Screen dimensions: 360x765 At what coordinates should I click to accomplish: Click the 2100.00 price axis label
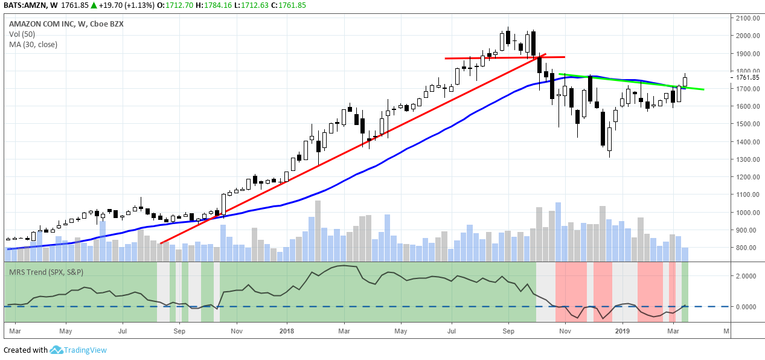pyautogui.click(x=744, y=18)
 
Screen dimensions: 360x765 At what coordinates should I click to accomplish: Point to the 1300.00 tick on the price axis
pyautogui.click(x=744, y=159)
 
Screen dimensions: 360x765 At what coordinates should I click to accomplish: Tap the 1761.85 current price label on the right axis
pyautogui.click(x=744, y=77)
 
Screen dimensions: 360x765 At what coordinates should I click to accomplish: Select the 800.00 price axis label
pyautogui.click(x=744, y=248)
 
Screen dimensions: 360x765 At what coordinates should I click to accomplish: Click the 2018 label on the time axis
pyautogui.click(x=286, y=331)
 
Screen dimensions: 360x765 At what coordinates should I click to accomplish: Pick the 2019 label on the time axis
pyautogui.click(x=623, y=331)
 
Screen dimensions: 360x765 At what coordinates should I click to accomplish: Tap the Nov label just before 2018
pyautogui.click(x=237, y=331)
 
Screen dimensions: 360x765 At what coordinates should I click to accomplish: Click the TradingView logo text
pyautogui.click(x=86, y=350)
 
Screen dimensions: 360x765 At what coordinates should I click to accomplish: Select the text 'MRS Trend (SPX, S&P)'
pyautogui.click(x=46, y=272)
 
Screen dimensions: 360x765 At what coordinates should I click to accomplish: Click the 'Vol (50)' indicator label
pyautogui.click(x=22, y=34)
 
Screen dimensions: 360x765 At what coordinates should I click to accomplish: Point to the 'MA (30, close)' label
pyautogui.click(x=33, y=44)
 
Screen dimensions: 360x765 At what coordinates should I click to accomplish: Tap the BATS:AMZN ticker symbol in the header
pyautogui.click(x=24, y=5)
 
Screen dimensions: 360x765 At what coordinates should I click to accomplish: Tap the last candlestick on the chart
pyautogui.click(x=685, y=81)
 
